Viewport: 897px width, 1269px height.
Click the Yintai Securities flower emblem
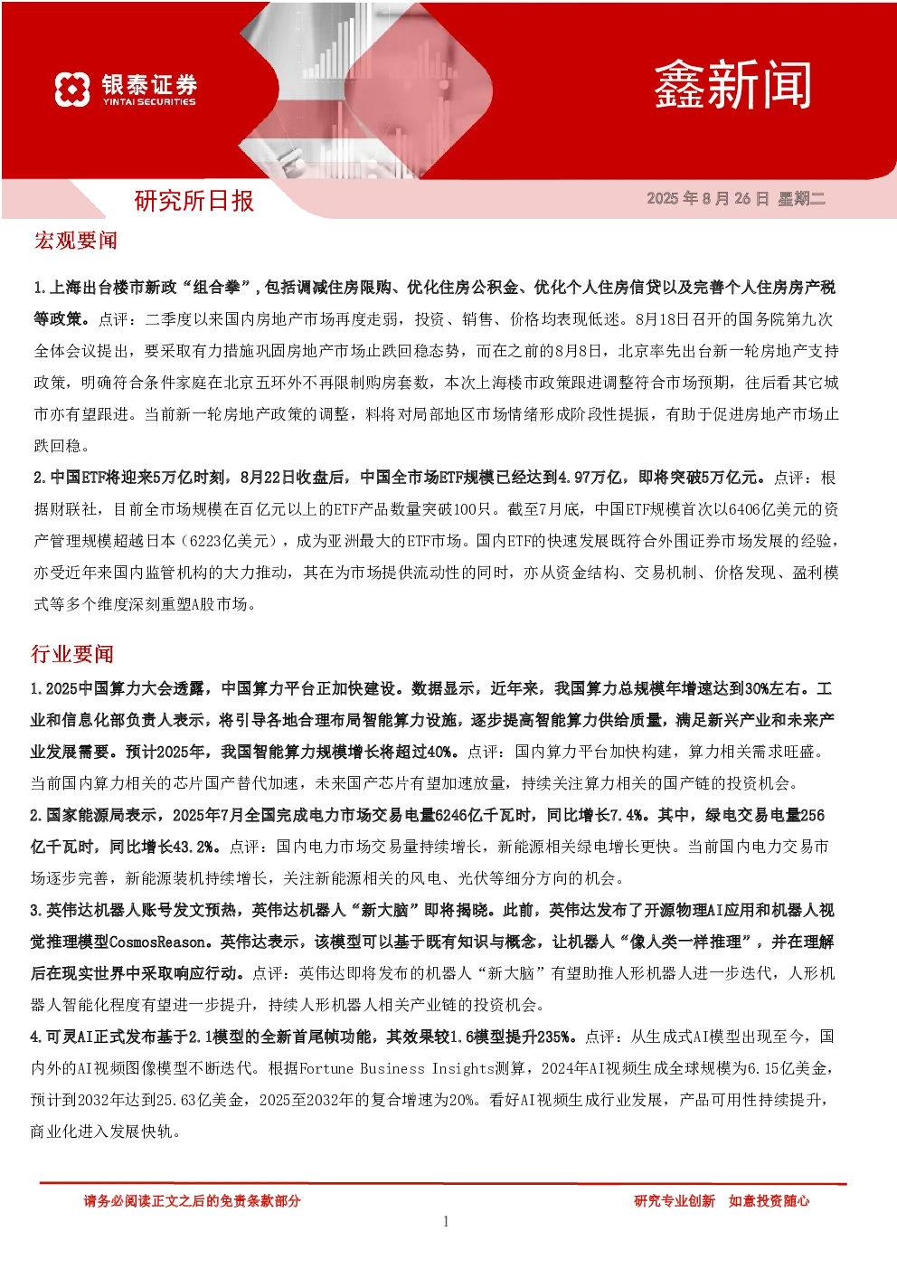click(72, 89)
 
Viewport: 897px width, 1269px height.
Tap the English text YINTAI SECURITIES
click(149, 102)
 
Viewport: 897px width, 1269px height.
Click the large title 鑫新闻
click(732, 85)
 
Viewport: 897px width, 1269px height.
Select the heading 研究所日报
click(194, 201)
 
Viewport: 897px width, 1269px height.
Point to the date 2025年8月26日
click(708, 198)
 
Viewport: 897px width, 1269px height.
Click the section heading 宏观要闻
click(75, 241)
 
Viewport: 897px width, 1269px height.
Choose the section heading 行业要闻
click(72, 654)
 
